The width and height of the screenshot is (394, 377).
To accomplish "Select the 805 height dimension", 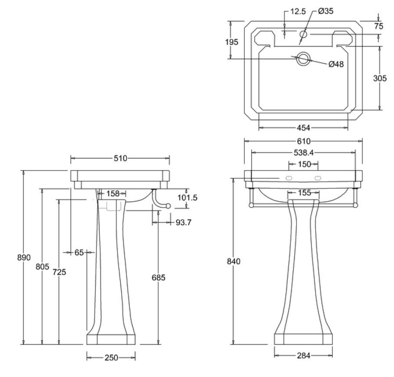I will [42, 267].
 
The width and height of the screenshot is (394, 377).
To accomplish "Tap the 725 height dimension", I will [59, 272].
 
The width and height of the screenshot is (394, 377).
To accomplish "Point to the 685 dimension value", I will [158, 278].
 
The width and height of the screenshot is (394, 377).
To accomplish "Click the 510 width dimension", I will [120, 158].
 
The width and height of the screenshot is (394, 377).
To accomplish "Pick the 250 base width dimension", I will [111, 357].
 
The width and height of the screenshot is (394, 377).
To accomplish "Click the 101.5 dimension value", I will [188, 197].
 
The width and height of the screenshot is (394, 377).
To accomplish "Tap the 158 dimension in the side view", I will [113, 193].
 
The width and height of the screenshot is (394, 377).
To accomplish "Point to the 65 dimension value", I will [79, 252].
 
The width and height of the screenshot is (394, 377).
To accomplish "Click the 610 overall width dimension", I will [304, 141].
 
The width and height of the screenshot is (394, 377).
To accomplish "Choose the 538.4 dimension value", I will [304, 153].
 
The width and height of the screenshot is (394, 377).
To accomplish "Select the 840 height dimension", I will [233, 261].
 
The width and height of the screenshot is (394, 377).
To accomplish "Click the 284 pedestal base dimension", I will [304, 356].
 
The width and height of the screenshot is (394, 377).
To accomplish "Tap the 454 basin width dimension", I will [304, 128].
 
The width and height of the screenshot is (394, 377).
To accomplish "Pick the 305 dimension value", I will [380, 78].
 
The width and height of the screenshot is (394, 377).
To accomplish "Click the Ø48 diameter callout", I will [336, 64].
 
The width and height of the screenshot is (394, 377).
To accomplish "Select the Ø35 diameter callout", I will [325, 12].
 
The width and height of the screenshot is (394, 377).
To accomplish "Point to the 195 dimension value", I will [232, 42].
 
